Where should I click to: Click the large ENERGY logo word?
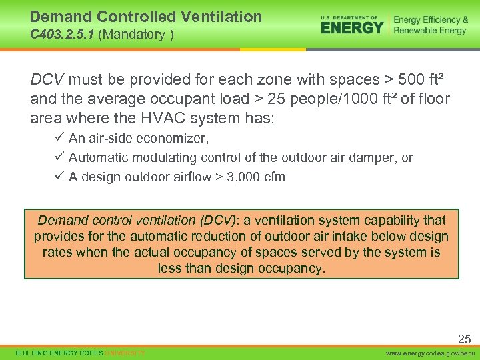[x=352, y=27]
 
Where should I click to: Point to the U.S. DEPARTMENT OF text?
[x=349, y=17]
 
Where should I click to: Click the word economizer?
[x=176, y=139]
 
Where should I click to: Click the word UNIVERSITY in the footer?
[x=125, y=352]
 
